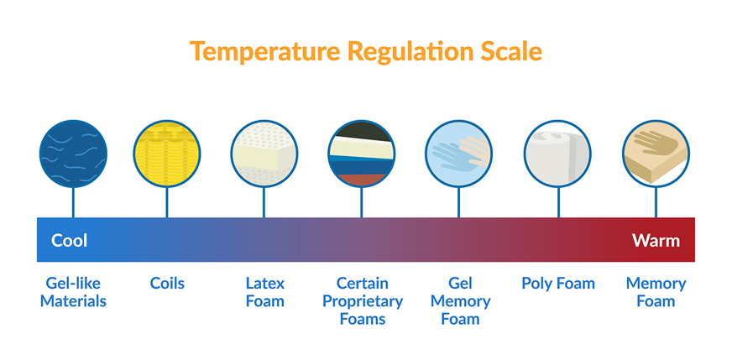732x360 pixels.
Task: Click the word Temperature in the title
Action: [265, 51]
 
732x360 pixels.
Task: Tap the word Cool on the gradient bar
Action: [69, 241]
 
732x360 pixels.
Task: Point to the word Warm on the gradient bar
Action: [656, 241]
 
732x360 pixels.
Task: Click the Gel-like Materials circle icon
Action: [73, 154]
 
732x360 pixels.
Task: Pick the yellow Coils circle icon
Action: [167, 154]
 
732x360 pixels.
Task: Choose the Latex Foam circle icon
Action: [264, 154]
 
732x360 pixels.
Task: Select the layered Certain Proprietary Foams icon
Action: [361, 154]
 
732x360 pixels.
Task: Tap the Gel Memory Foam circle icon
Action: [459, 154]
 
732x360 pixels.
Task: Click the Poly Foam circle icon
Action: [558, 154]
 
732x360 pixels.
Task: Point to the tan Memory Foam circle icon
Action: [656, 154]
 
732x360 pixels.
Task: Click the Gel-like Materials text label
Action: [73, 292]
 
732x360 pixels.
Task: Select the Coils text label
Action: [167, 284]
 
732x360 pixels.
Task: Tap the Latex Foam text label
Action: [264, 292]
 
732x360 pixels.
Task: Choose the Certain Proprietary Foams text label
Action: [363, 300]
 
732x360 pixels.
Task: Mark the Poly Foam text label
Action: [558, 284]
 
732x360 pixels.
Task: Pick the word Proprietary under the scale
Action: [363, 301]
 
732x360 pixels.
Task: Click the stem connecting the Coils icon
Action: [167, 202]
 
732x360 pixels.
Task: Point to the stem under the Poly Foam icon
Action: [558, 202]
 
